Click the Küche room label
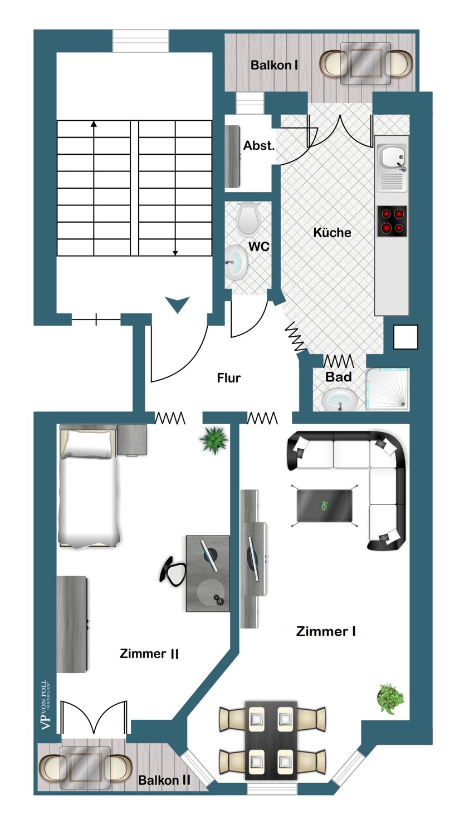[332, 233]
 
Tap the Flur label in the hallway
[228, 377]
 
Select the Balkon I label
[274, 65]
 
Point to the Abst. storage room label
[259, 145]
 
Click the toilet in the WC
[248, 219]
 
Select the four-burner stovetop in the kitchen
[392, 221]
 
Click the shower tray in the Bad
[388, 390]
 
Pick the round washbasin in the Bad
[339, 400]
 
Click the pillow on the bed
[87, 444]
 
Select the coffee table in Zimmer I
[324, 506]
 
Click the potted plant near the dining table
[390, 699]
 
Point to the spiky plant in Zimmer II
[214, 440]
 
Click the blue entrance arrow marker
[178, 304]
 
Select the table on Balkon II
[85, 768]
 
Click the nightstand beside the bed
[132, 440]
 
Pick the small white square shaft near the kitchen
[405, 337]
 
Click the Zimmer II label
[149, 654]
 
